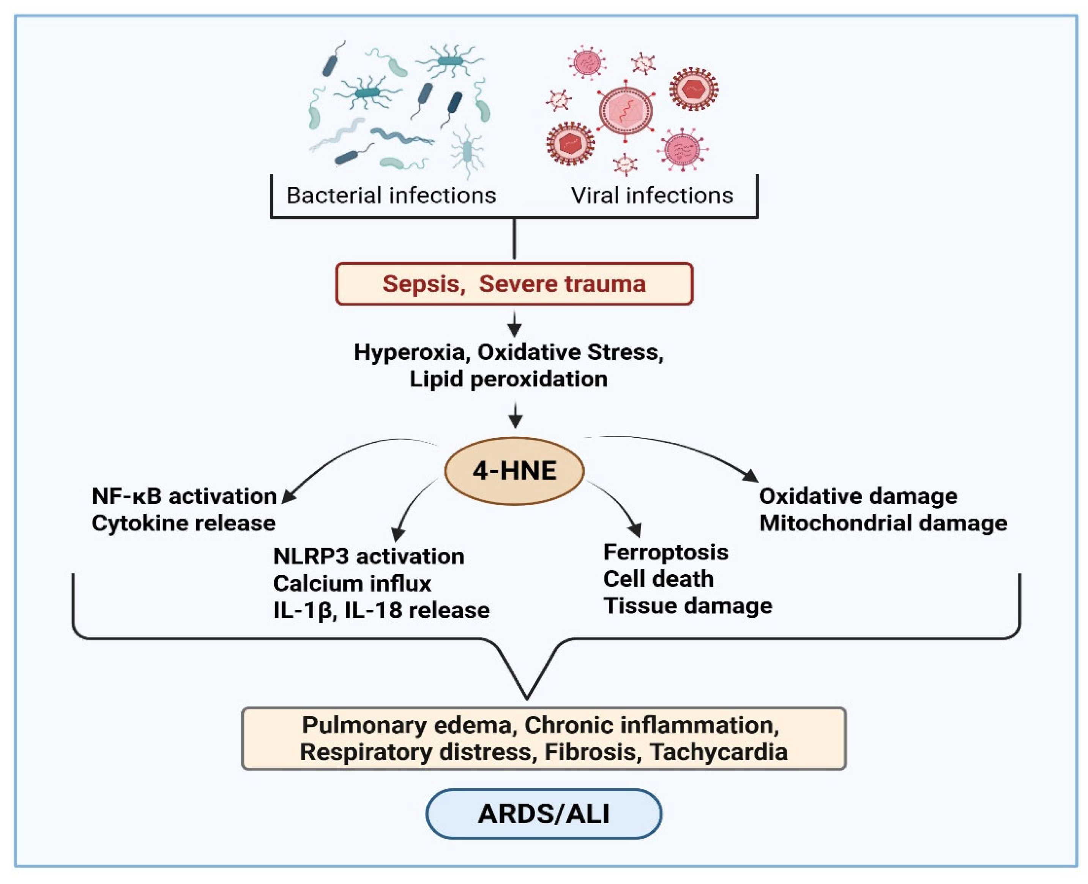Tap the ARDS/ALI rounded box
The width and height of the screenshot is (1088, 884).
point(543,813)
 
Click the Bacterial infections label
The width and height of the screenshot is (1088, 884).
point(391,196)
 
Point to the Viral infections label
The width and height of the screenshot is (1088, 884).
point(652,196)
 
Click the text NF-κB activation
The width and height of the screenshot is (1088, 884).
point(184,496)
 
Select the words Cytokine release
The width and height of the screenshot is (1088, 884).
point(183,523)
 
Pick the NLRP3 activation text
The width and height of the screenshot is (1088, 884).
point(369,556)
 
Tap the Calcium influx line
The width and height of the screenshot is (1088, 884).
point(352,583)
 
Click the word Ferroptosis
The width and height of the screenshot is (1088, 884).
point(665,552)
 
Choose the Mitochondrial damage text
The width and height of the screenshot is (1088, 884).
point(883,523)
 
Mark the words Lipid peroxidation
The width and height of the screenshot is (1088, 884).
point(509,379)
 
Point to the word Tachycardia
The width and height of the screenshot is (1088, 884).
point(719,752)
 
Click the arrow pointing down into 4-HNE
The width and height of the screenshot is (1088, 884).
point(515,415)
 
